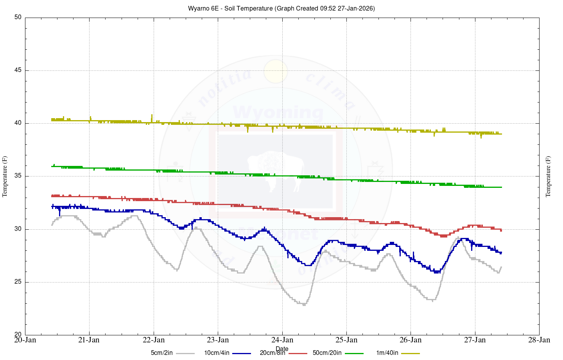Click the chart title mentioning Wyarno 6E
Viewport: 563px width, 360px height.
(281, 8)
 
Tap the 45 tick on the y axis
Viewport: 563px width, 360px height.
(18, 70)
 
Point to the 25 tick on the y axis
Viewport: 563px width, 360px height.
(18, 282)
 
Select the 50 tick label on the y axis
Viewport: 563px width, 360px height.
(18, 18)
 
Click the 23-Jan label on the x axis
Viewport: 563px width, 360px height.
(218, 340)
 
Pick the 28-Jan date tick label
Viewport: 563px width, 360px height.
(539, 340)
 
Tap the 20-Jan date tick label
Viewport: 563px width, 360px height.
(25, 340)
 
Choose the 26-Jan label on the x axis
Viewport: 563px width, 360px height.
(411, 340)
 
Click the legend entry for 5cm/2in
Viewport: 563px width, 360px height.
(161, 353)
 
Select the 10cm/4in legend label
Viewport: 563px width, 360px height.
(217, 353)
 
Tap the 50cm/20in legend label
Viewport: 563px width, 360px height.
(327, 353)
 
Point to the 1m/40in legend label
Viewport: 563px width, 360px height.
(387, 353)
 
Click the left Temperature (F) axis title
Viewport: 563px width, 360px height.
(5, 176)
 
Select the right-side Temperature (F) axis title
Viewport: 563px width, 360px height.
(548, 176)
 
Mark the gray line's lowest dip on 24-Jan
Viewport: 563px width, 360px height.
(304, 304)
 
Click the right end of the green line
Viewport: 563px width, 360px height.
(501, 187)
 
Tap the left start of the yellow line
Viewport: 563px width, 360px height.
(52, 119)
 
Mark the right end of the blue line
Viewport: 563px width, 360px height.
(501, 253)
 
